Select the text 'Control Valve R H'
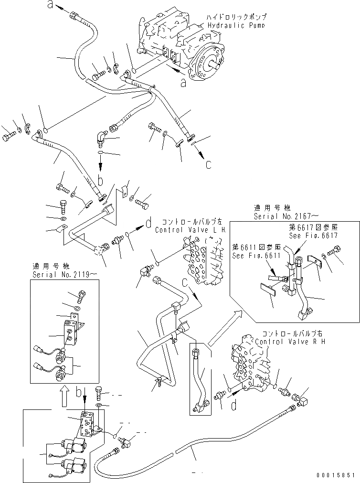click(x=283, y=342)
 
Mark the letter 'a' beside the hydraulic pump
click(x=183, y=83)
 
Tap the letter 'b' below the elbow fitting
click(x=101, y=180)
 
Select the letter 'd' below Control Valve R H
click(x=233, y=406)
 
